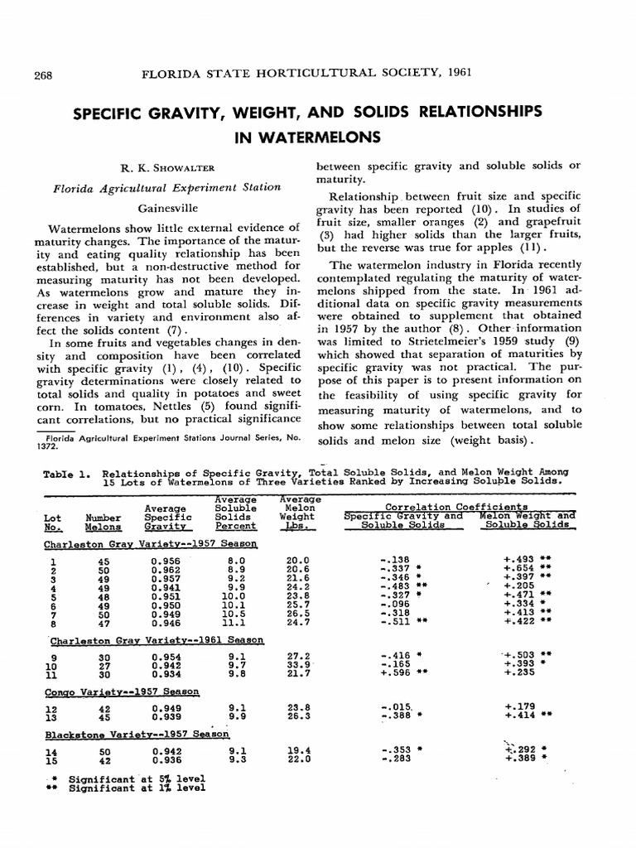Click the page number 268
(42, 75)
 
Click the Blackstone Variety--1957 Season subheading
(137, 734)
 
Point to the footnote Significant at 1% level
(137, 788)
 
